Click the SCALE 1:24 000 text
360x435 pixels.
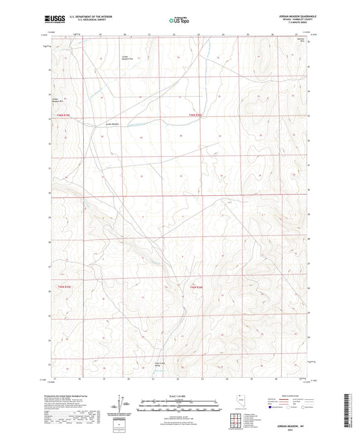coord(179,396)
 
